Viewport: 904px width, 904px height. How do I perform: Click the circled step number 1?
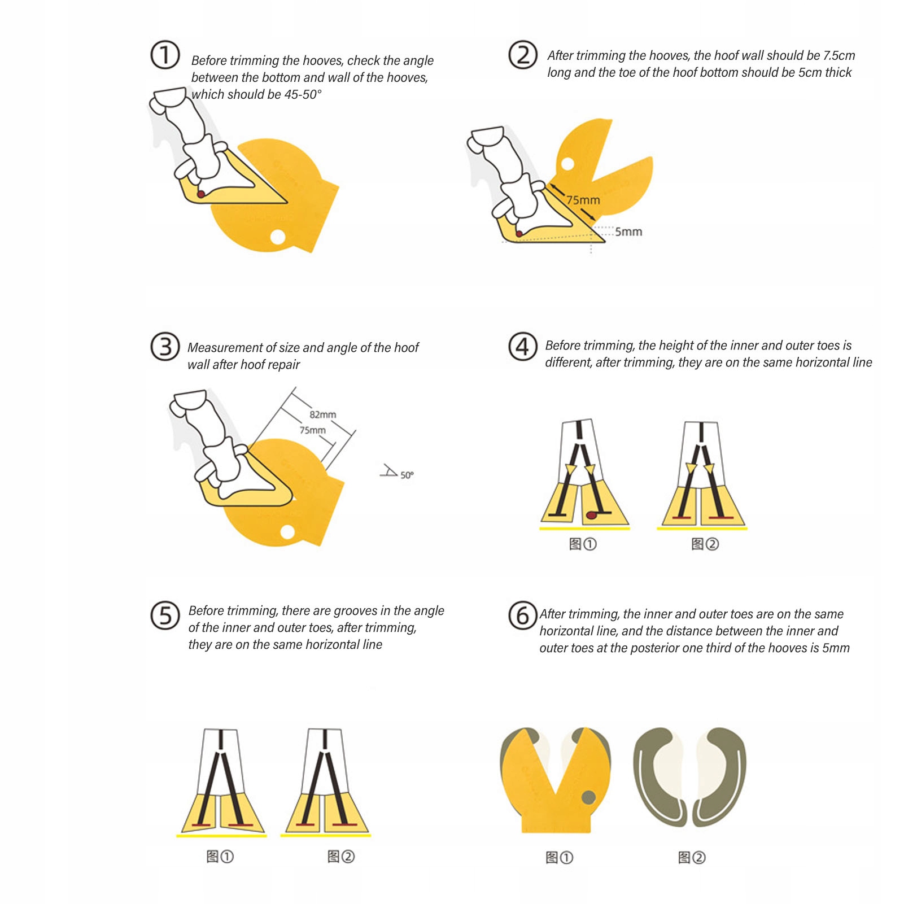(165, 55)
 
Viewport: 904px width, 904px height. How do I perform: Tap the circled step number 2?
(523, 55)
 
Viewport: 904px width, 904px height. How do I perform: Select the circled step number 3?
(165, 346)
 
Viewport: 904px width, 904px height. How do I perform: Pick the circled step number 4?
(523, 346)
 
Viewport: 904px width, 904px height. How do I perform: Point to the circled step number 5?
(165, 615)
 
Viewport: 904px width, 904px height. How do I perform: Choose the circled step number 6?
(523, 615)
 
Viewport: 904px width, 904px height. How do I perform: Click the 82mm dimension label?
(322, 414)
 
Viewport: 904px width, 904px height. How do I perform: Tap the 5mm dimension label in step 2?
(628, 232)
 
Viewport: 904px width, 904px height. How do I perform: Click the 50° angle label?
(407, 475)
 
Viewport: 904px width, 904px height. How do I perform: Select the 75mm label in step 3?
(312, 430)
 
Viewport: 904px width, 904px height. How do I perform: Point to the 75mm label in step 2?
(583, 200)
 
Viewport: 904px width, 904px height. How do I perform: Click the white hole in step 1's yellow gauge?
(277, 237)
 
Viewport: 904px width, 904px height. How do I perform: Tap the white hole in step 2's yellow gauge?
(567, 164)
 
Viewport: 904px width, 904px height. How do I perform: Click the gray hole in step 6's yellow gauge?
(588, 797)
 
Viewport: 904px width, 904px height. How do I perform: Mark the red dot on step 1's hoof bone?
(201, 194)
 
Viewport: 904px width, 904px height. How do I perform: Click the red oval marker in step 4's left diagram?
(591, 515)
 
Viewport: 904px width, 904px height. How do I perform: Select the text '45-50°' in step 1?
(303, 94)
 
